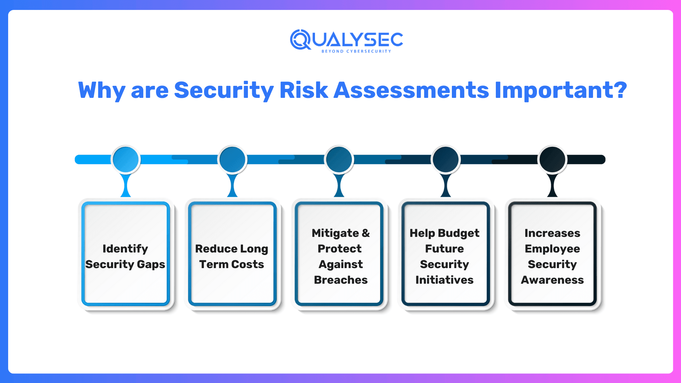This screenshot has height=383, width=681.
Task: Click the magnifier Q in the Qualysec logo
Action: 300,39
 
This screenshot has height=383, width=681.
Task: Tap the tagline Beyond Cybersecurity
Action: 356,51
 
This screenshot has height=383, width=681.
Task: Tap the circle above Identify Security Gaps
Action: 126,159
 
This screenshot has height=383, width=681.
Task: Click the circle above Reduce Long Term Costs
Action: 232,159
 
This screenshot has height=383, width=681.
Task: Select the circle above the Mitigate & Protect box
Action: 339,159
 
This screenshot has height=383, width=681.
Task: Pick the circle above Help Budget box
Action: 446,159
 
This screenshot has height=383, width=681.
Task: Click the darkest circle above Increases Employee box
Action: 552,159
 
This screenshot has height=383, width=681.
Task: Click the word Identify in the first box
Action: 125,249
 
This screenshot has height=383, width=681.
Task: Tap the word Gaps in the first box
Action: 151,265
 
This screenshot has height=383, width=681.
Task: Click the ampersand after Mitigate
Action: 366,233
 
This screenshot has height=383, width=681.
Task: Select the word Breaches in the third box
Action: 340,280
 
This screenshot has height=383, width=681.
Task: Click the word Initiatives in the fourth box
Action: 444,280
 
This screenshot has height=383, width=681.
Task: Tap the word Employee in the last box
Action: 552,249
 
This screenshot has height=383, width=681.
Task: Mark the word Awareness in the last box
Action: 552,280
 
